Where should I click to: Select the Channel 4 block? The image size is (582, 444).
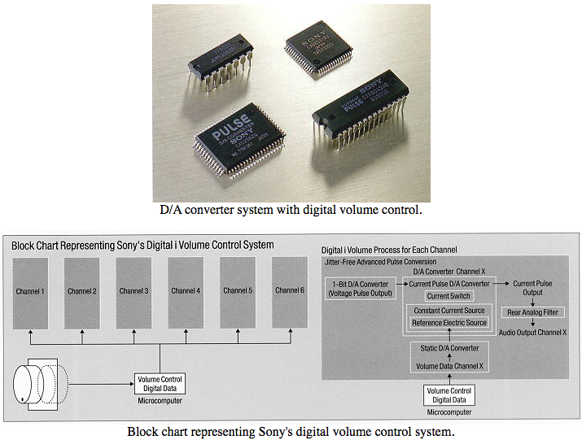coord(186,290)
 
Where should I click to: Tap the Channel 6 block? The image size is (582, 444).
coord(290,290)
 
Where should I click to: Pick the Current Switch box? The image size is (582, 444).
coord(449,296)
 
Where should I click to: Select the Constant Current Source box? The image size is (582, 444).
coord(449,311)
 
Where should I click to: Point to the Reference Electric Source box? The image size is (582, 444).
coord(449,323)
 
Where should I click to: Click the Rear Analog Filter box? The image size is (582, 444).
coord(536,312)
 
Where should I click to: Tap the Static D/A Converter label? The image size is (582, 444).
coord(449,349)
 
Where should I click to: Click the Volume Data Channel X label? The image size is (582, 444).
coord(449,365)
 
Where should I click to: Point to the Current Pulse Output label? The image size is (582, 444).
coord(533,288)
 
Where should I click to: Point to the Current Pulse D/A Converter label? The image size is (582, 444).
coord(449,283)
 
